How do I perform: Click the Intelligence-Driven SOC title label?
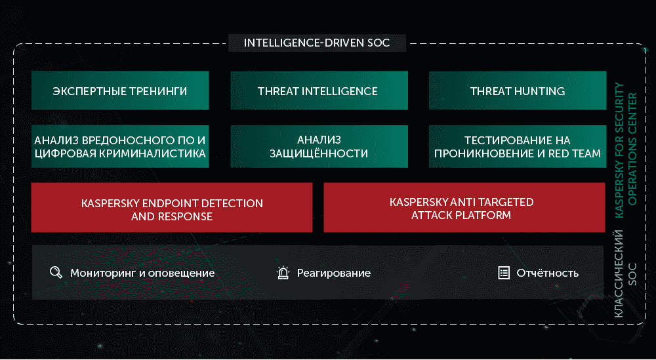(x=317, y=43)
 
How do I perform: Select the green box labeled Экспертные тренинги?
(x=120, y=90)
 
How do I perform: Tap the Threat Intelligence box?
(x=319, y=90)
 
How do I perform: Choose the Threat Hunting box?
(x=518, y=90)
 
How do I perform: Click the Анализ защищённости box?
(x=319, y=146)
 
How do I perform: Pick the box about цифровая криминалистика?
(x=120, y=146)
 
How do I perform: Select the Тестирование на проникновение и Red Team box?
(x=518, y=146)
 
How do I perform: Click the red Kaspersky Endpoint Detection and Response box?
(x=172, y=207)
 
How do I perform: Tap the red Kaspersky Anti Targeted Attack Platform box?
(x=464, y=207)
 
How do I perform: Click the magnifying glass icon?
(x=56, y=273)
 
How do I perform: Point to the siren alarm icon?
(x=283, y=273)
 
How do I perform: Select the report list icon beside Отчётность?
(x=504, y=273)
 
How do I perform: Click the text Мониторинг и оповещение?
(x=142, y=273)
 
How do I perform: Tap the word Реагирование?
(x=334, y=273)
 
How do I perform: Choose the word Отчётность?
(x=548, y=273)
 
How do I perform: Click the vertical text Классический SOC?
(x=625, y=273)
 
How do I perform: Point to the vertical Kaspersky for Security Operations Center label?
(x=625, y=150)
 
